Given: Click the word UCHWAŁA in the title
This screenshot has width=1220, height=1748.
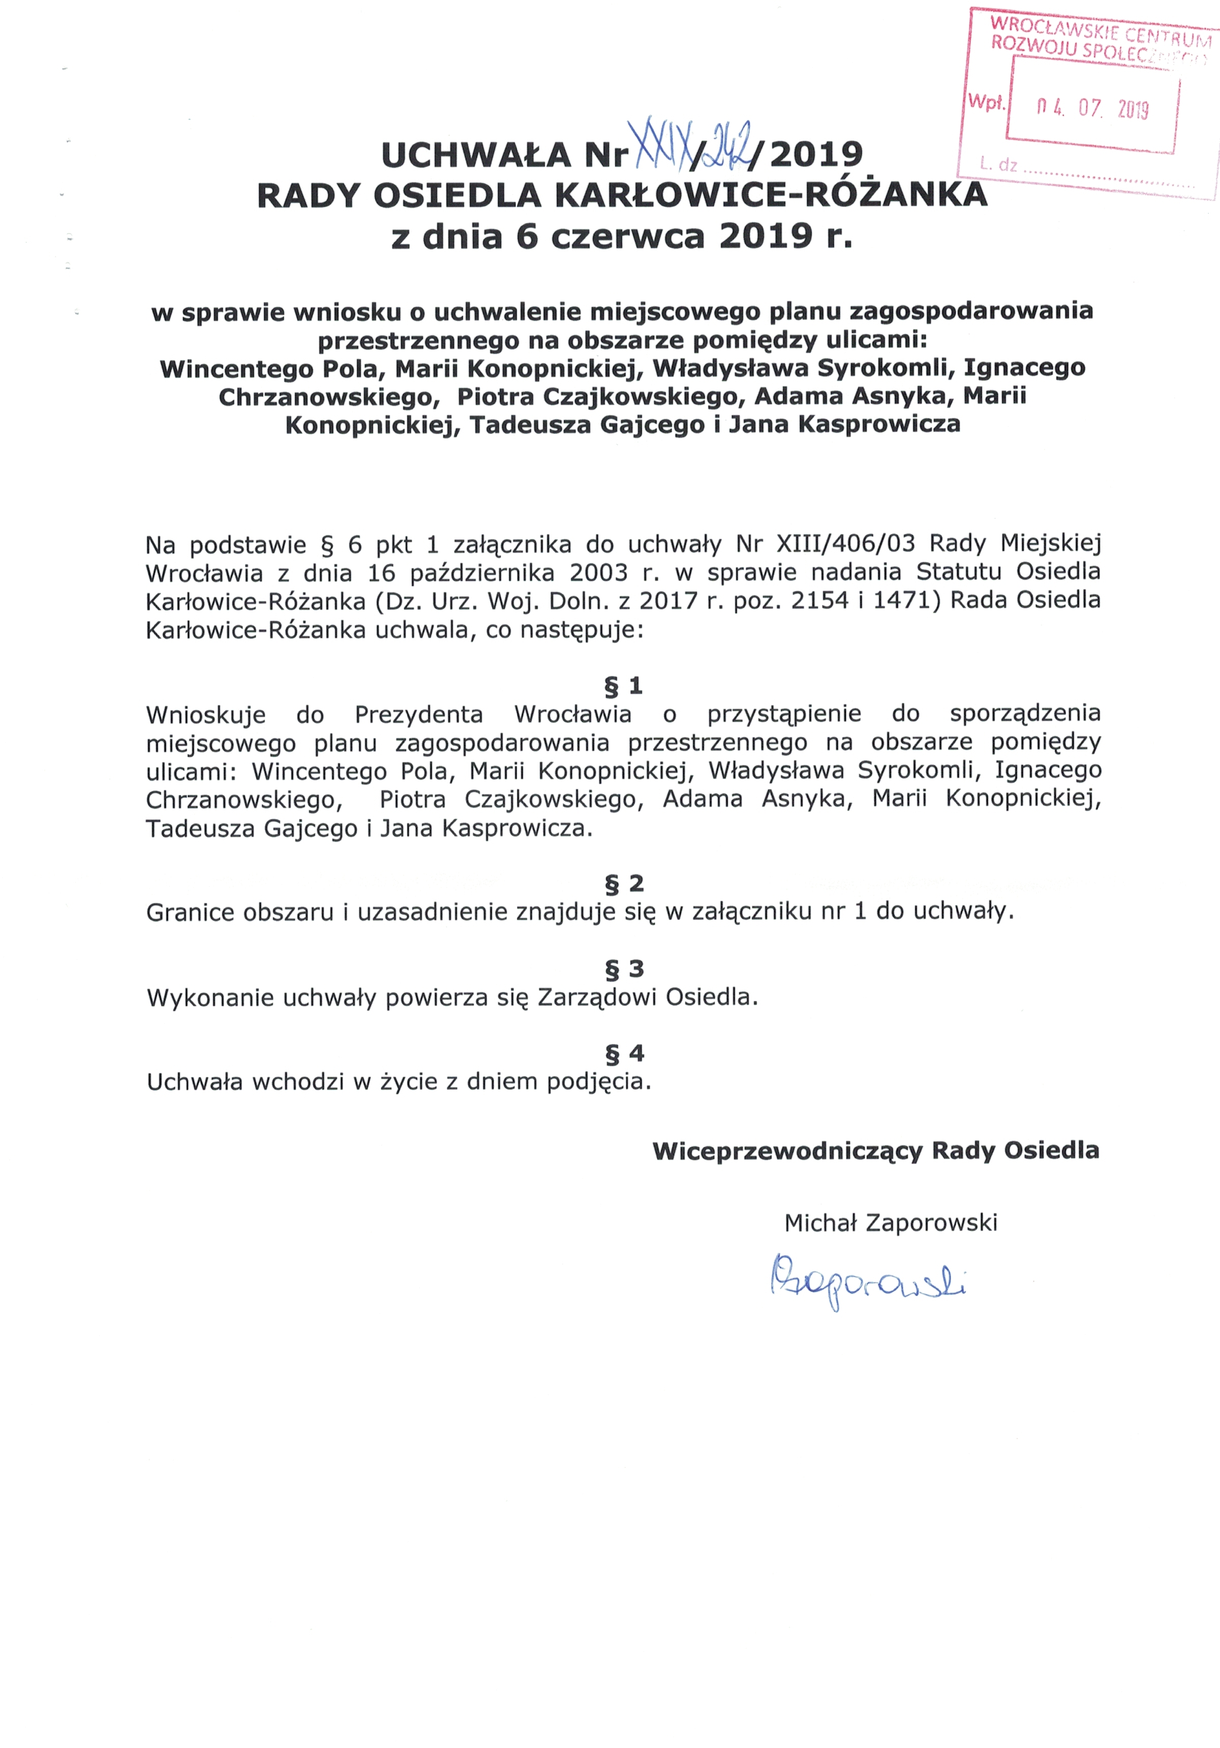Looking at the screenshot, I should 475,156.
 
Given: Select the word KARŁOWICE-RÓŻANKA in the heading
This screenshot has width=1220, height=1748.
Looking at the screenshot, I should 770,196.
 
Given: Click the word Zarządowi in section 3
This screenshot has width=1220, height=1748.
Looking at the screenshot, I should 597,997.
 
